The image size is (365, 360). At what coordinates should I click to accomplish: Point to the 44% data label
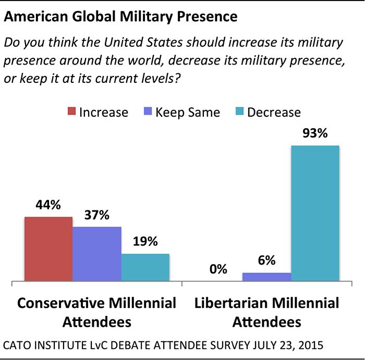click(48, 206)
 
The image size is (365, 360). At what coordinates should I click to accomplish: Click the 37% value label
click(97, 216)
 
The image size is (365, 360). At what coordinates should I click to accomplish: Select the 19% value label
click(145, 242)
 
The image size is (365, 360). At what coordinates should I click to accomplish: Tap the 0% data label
click(218, 270)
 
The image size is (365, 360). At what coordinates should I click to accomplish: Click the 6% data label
click(266, 261)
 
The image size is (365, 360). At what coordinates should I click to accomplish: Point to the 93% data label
click(315, 134)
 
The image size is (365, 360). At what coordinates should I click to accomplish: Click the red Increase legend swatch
click(71, 112)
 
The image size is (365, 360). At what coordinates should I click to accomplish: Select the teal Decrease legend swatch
click(239, 112)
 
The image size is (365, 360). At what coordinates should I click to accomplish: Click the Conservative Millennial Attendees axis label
click(97, 312)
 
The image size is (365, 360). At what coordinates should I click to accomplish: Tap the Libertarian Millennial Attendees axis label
click(266, 312)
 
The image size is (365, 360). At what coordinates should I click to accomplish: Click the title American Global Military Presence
click(120, 17)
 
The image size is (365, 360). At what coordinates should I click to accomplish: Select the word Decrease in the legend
click(274, 112)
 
